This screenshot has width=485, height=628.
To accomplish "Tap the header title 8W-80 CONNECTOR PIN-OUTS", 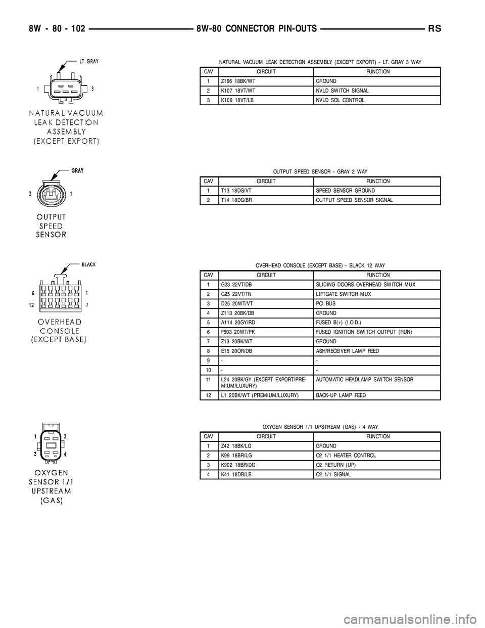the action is click(257, 29).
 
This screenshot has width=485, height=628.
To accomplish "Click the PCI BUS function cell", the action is click(326, 303).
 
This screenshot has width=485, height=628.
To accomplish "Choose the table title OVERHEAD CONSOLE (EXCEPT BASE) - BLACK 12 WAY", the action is click(320, 265).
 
